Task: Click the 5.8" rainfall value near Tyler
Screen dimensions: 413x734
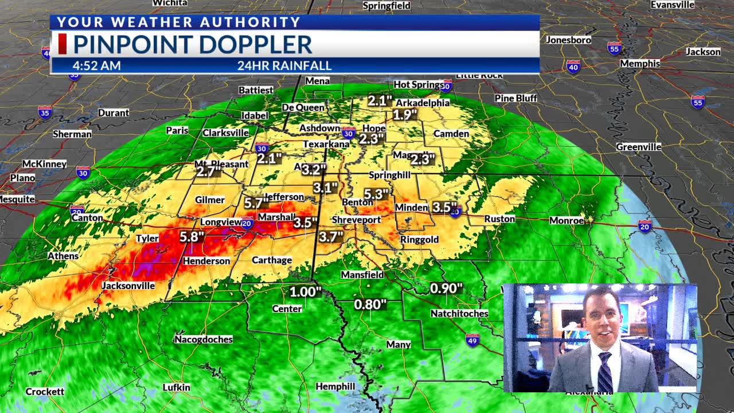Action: (192, 237)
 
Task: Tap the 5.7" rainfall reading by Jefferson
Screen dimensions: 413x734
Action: (256, 203)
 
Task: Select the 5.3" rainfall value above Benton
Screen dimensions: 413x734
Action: (376, 194)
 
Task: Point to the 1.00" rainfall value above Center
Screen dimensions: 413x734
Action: (305, 291)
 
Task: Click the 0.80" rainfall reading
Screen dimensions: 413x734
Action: (370, 305)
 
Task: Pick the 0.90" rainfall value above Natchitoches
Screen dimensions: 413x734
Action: (446, 288)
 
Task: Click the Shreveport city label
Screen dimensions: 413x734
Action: (356, 220)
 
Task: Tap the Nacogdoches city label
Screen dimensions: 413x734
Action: (204, 339)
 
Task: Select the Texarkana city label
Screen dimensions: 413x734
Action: (326, 144)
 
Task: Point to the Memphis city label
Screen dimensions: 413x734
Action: (640, 63)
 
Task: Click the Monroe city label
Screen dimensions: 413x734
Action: (567, 220)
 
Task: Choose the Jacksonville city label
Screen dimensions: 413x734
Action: (128, 285)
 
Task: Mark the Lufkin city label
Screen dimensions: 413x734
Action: (176, 387)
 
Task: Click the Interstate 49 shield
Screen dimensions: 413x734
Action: (473, 339)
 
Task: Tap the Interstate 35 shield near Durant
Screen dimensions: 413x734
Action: (45, 112)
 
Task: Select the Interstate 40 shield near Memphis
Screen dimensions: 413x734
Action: (573, 67)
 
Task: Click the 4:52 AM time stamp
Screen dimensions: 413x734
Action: (96, 65)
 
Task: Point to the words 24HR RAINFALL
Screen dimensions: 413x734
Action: (284, 65)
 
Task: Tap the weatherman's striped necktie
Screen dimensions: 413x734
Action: (604, 372)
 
